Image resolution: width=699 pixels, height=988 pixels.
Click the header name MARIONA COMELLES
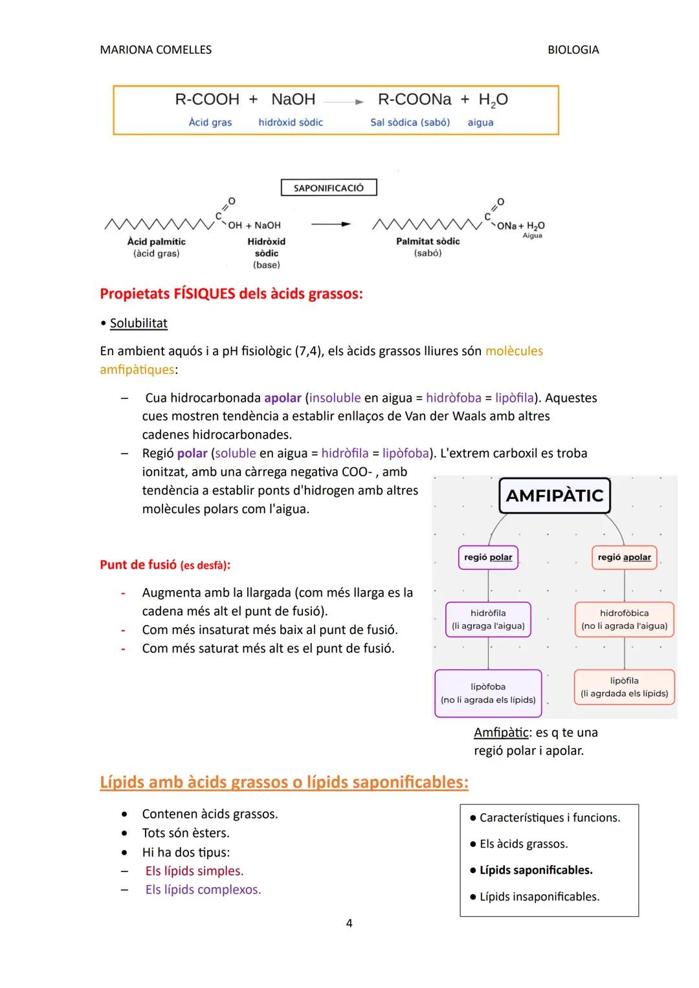coord(155,50)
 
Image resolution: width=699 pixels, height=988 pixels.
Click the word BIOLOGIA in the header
coord(573,50)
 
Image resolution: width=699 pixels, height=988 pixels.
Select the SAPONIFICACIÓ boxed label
coord(329,188)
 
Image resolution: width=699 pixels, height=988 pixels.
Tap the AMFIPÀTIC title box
coord(554,496)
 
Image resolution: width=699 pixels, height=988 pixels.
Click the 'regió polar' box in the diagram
coord(488,557)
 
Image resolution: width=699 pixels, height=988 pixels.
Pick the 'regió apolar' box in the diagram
coord(624,557)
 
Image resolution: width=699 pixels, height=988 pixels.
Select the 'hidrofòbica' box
coord(624,619)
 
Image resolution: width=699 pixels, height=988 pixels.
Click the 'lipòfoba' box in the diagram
coord(488,693)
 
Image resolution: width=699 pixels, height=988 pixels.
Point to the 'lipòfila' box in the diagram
coord(624,686)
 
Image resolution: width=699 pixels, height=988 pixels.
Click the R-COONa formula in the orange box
coord(414,100)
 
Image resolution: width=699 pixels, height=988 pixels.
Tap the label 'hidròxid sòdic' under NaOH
coord(291,122)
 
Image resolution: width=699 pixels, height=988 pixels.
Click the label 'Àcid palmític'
coord(156,241)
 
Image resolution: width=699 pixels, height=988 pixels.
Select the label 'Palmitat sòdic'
coord(428,241)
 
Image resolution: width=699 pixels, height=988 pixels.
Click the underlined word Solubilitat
coord(139,324)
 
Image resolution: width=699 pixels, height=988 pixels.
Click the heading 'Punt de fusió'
coord(138,565)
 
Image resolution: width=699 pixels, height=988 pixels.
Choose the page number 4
coord(349,923)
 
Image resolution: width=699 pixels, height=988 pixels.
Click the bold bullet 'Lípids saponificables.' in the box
coord(535,870)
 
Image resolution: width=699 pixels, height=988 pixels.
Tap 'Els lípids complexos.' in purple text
coord(203,890)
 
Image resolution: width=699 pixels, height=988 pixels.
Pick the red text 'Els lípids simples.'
coord(194,871)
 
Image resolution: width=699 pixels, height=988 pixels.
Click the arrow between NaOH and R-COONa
coord(344,102)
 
